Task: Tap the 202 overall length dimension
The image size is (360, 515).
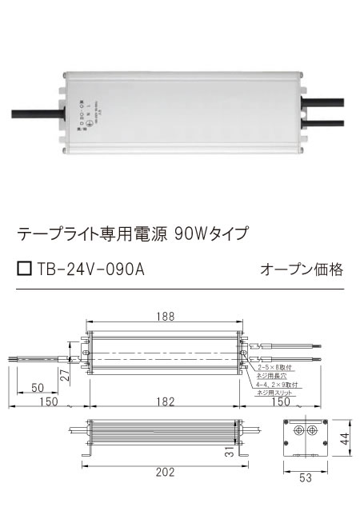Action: point(165,473)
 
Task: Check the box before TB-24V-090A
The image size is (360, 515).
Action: point(25,269)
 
